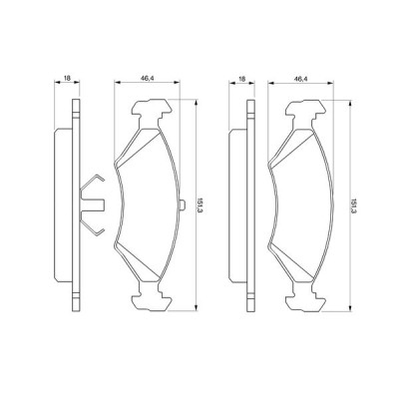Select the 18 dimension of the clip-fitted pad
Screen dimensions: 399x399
point(66,76)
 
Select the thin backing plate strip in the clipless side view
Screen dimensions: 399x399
point(246,204)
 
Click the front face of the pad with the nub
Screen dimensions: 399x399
point(146,204)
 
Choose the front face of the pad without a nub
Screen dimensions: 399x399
point(300,204)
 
